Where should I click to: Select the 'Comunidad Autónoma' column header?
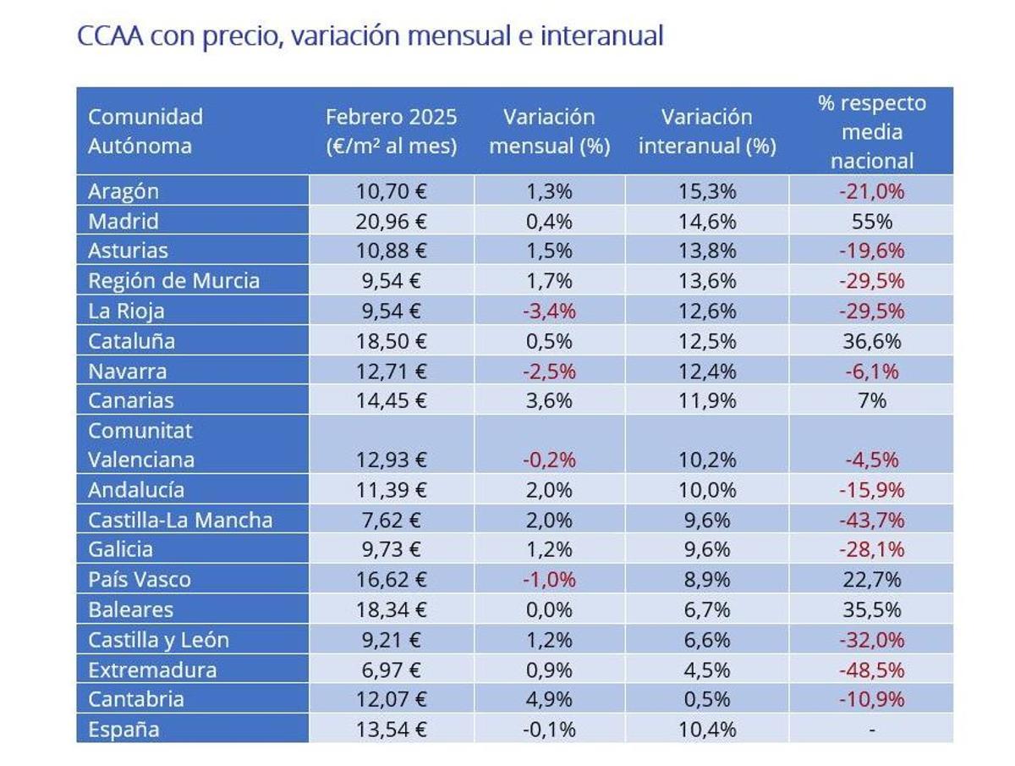pos(145,131)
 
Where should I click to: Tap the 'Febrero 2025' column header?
pos(391,131)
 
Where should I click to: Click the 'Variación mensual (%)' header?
pos(550,131)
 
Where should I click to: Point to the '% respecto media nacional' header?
pos(871,132)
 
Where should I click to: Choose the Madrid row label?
pos(123,222)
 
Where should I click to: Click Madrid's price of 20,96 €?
pos(391,222)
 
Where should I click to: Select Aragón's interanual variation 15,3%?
pos(707,191)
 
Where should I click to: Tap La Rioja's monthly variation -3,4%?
pos(550,311)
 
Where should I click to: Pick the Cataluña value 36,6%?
pos(871,341)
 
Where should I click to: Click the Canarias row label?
pos(131,400)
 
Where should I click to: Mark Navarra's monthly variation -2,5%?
pos(550,371)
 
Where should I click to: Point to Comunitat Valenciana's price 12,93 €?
pos(391,460)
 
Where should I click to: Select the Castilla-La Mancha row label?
pos(180,520)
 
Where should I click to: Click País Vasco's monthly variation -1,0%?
pos(550,580)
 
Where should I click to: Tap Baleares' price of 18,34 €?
pos(391,609)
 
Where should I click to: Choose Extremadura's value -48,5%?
pos(871,670)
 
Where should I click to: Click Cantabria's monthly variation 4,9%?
pos(550,699)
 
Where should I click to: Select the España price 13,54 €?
pos(391,729)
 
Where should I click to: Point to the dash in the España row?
pos(871,730)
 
